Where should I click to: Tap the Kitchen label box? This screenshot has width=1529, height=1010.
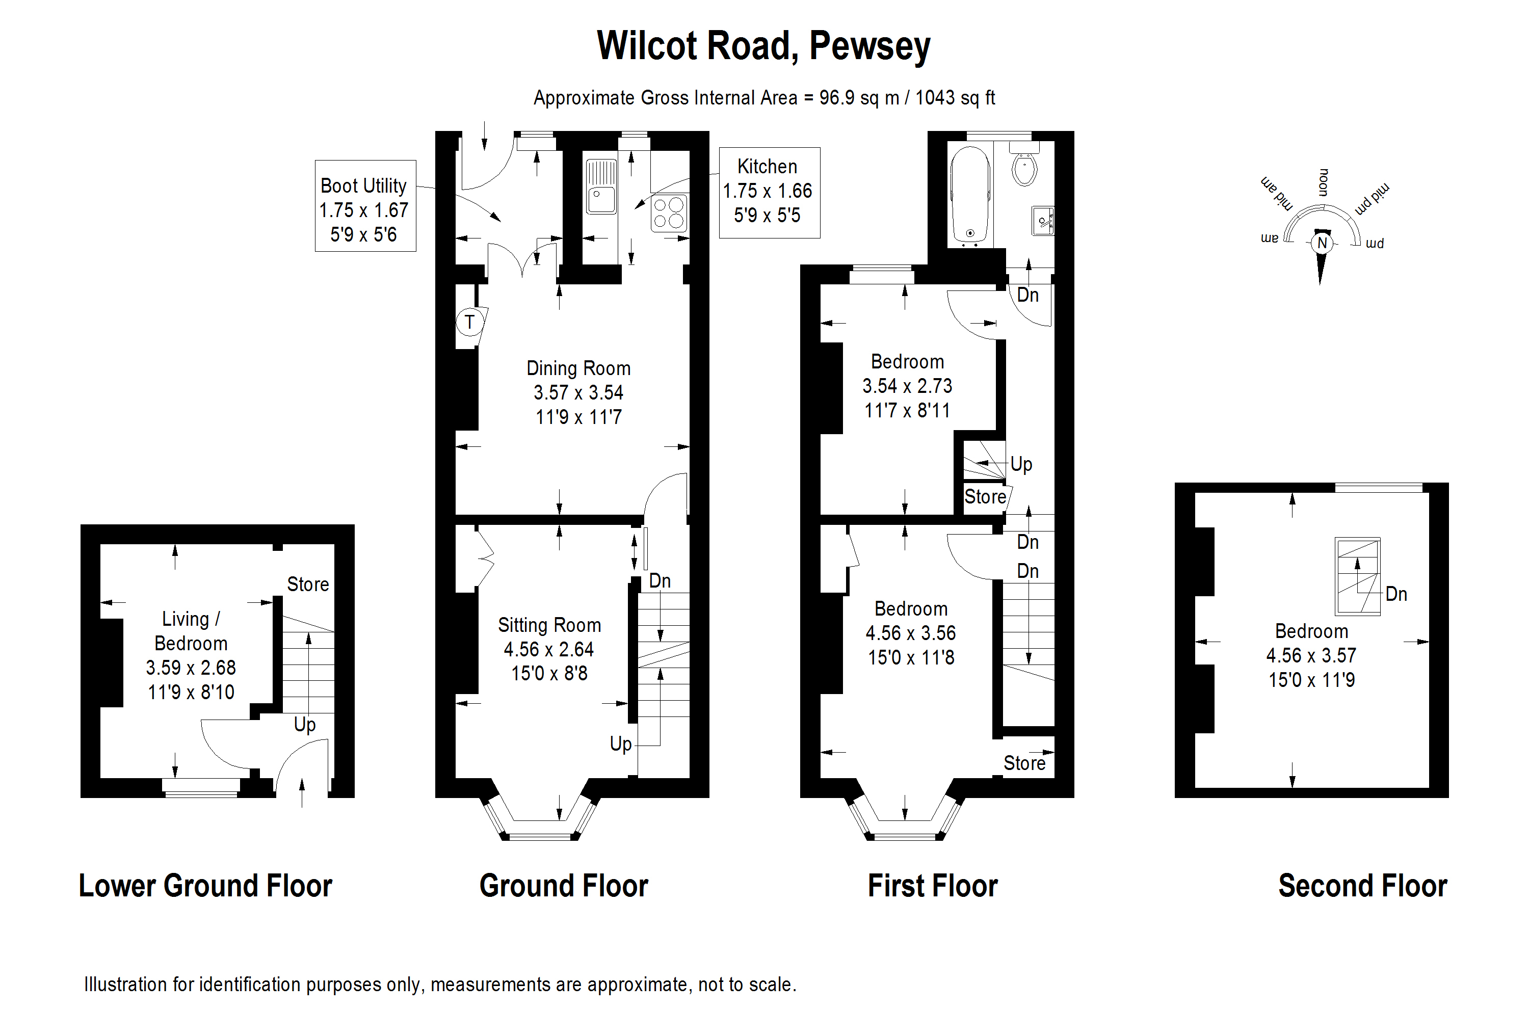click(769, 192)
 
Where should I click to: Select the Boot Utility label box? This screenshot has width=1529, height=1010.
click(365, 205)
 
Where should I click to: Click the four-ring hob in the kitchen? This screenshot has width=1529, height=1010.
click(669, 213)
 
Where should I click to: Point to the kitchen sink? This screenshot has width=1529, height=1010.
click(601, 187)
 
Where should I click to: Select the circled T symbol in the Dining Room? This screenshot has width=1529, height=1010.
click(469, 322)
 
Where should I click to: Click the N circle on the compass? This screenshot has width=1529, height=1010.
click(1322, 243)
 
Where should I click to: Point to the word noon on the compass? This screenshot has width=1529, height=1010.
click(1324, 182)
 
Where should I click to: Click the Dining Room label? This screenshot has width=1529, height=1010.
click(578, 368)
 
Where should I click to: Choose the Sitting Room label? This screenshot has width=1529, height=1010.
click(549, 625)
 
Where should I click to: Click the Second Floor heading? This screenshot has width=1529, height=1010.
click(1362, 886)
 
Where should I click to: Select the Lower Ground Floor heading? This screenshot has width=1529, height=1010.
click(205, 886)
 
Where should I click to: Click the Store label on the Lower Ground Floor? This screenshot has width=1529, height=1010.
click(308, 584)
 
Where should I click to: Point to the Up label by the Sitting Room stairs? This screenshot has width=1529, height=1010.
click(621, 744)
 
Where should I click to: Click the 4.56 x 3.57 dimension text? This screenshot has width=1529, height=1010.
click(1311, 656)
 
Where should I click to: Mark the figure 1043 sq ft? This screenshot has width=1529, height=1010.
click(955, 98)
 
